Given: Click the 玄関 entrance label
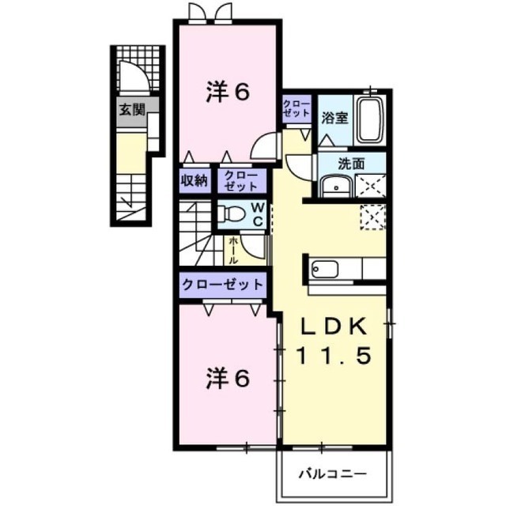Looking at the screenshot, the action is (132, 110).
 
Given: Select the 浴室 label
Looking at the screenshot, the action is (334, 118).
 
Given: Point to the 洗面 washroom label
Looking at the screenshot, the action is (351, 164).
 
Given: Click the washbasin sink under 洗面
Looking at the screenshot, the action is (336, 187).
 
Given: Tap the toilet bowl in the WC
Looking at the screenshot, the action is (231, 213).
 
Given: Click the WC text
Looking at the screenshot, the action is (259, 214).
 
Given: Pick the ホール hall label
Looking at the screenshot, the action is (234, 251).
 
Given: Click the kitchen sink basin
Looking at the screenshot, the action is (325, 269).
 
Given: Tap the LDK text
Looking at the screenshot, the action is (334, 327).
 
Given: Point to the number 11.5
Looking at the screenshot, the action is (334, 356).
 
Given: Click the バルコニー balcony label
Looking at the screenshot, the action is (332, 474).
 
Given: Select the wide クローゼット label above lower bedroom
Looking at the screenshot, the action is (223, 285).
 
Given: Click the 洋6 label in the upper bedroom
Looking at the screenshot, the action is (228, 92).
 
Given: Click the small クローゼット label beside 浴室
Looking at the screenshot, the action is (296, 109).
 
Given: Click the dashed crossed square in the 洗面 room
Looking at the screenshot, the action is (371, 186).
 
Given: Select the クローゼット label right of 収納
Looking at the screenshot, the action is (240, 181).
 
